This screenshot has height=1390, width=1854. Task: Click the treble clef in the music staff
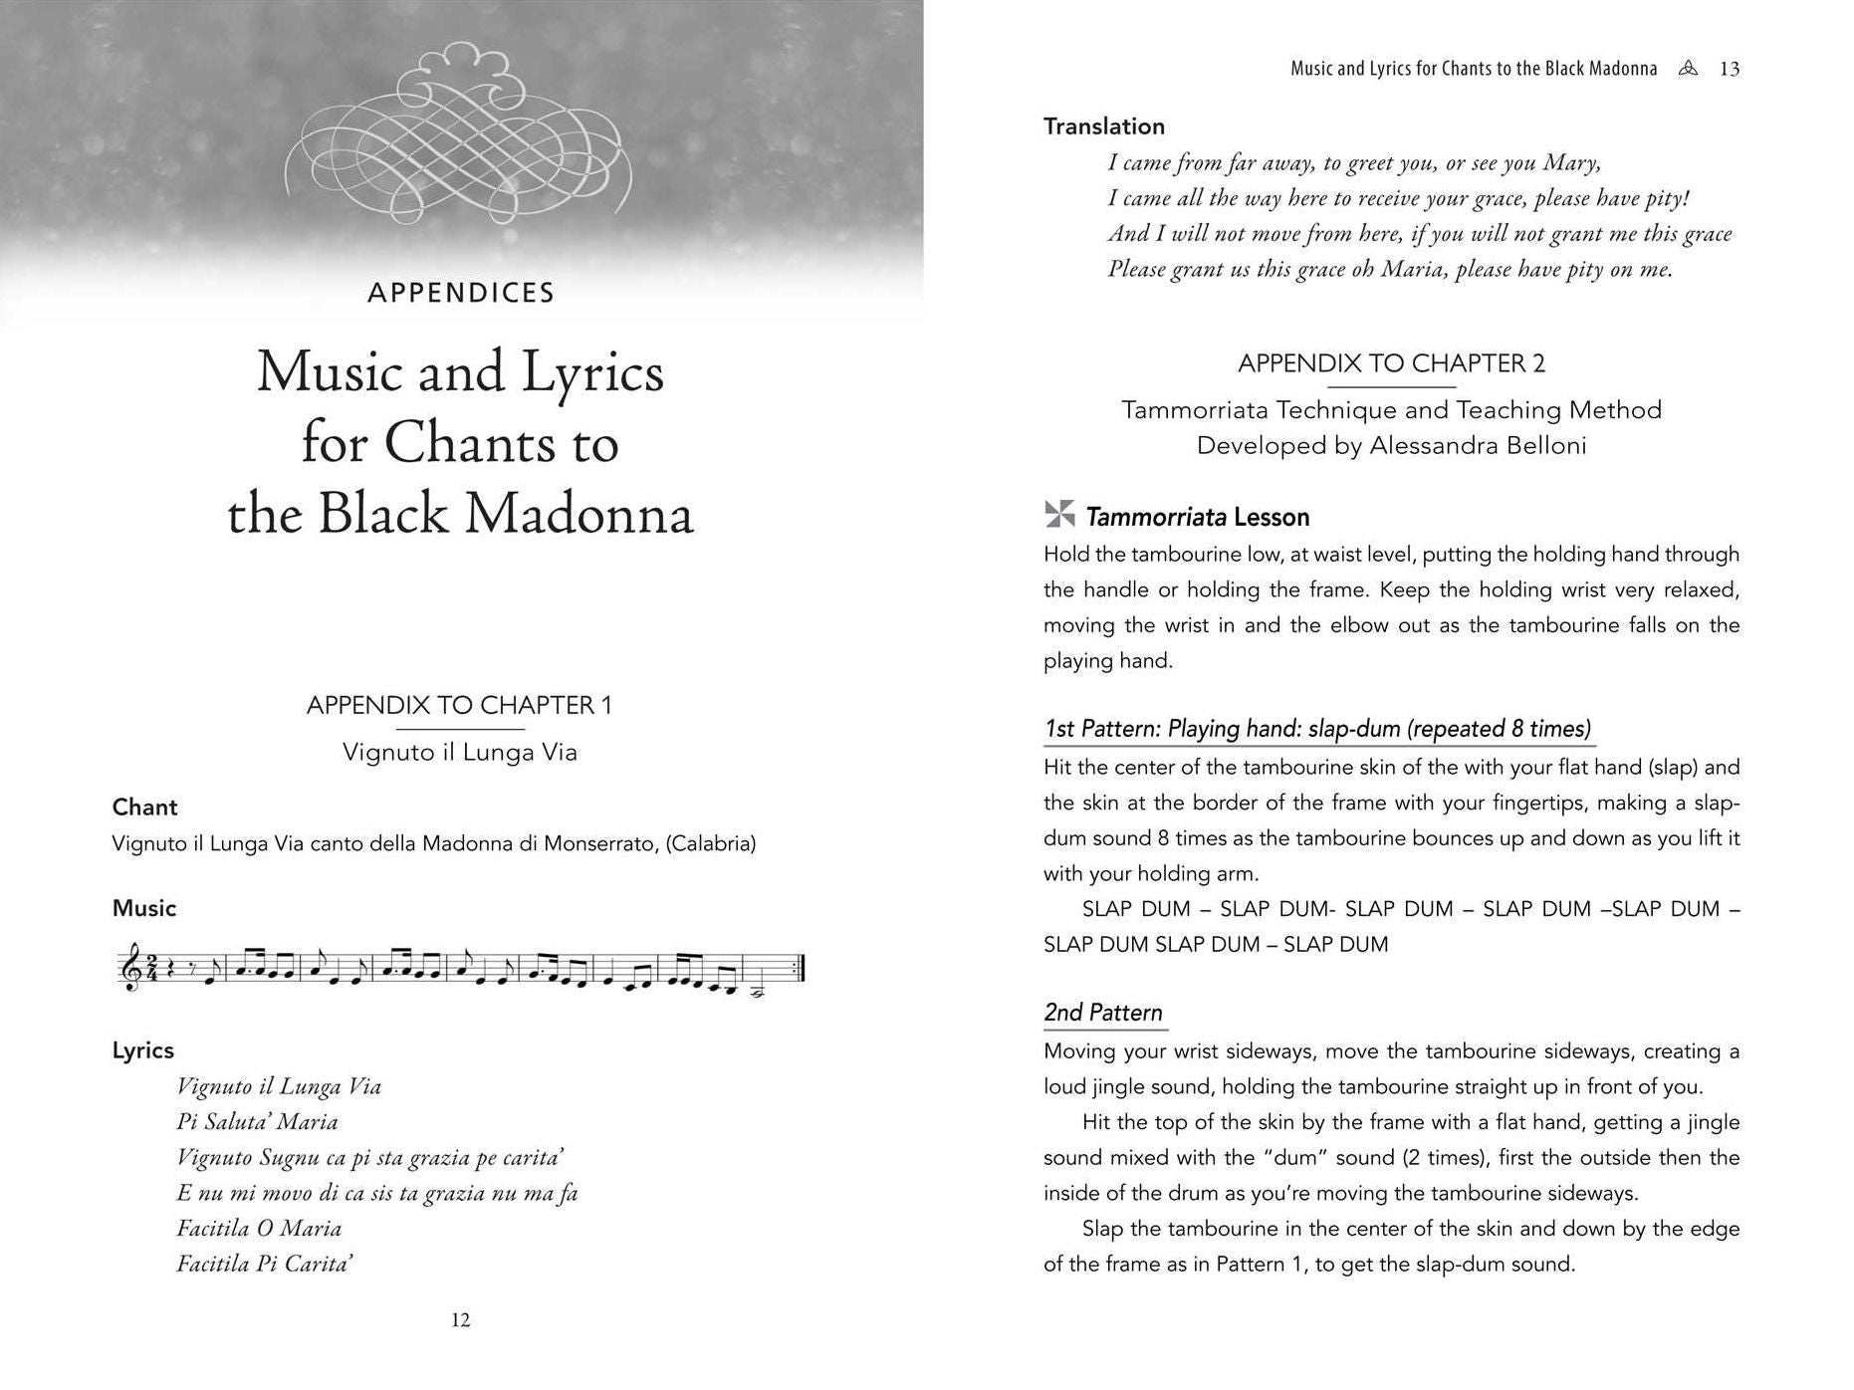click(x=129, y=969)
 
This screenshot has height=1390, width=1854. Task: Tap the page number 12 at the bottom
click(x=460, y=1320)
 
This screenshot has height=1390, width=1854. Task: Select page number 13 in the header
click(x=1730, y=69)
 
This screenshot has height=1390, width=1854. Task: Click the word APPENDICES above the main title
click(x=460, y=293)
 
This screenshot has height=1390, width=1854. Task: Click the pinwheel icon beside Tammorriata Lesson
click(x=1059, y=515)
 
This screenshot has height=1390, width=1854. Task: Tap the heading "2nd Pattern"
click(x=1103, y=1013)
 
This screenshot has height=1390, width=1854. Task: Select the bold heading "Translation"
click(x=1103, y=126)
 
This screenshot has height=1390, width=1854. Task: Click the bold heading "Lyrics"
click(x=142, y=1050)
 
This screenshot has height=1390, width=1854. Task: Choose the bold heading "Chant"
click(x=144, y=808)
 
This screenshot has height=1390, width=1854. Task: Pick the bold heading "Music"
click(x=144, y=908)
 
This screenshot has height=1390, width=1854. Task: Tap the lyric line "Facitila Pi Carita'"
click(x=265, y=1265)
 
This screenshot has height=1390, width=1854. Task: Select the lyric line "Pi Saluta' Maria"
click(x=257, y=1122)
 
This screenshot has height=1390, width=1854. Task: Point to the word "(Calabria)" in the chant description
click(x=710, y=844)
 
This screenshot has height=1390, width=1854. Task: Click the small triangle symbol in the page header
click(x=1687, y=69)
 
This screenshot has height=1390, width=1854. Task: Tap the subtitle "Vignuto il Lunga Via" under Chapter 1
click(x=460, y=752)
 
